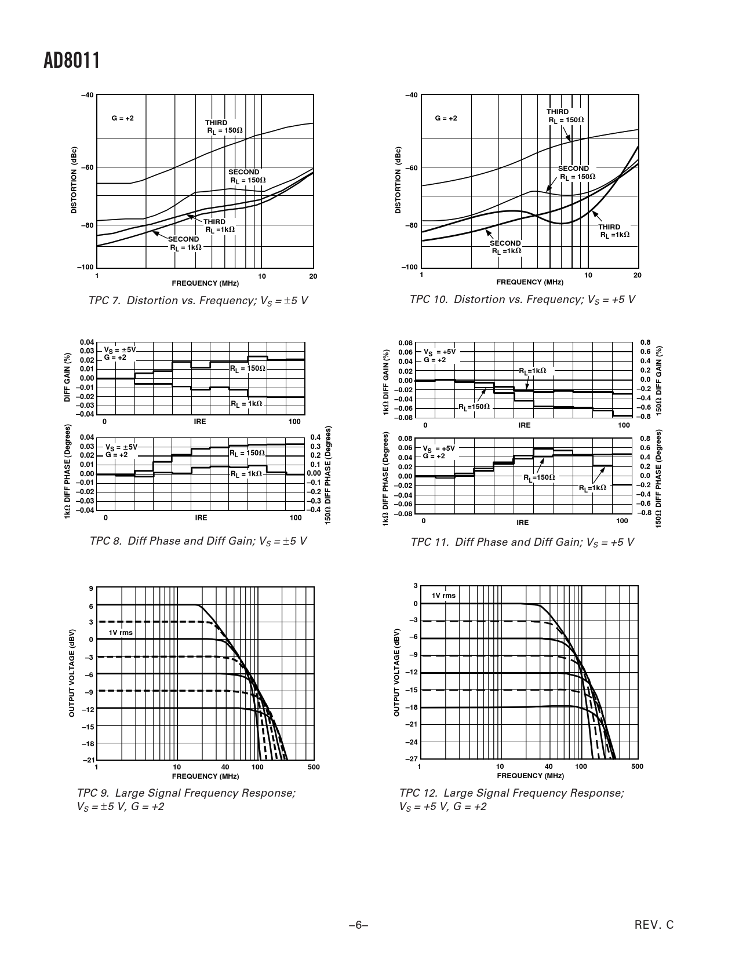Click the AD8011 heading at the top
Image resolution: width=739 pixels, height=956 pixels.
pyautogui.click(x=72, y=60)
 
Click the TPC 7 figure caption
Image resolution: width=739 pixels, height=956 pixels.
pyautogui.click(x=198, y=301)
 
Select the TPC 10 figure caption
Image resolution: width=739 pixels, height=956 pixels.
pyautogui.click(x=522, y=300)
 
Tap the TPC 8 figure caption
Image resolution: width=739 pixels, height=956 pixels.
pyautogui.click(x=198, y=541)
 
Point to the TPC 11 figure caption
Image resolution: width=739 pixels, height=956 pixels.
pyautogui.click(x=522, y=542)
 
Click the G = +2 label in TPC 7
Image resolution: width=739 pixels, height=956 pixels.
pyautogui.click(x=122, y=118)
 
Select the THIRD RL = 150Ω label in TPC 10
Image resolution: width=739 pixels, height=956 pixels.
pyautogui.click(x=565, y=116)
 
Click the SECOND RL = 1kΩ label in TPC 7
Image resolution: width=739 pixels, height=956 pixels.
pyautogui.click(x=185, y=243)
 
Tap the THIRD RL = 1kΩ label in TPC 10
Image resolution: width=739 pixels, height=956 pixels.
pyautogui.click(x=613, y=231)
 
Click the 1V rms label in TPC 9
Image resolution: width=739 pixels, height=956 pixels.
pyautogui.click(x=121, y=633)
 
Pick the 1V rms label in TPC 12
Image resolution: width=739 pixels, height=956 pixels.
pyautogui.click(x=443, y=596)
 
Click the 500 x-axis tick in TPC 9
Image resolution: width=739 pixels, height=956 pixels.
pyautogui.click(x=314, y=767)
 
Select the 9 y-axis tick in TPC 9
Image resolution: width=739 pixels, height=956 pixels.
pyautogui.click(x=91, y=589)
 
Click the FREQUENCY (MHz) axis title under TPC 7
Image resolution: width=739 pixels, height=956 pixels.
pyautogui.click(x=205, y=283)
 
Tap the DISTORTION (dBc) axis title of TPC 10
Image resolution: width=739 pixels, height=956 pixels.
pyautogui.click(x=398, y=180)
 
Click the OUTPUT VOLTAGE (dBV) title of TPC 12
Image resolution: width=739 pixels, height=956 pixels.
pyautogui.click(x=397, y=672)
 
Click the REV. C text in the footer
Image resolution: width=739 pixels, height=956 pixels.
pyautogui.click(x=654, y=925)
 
